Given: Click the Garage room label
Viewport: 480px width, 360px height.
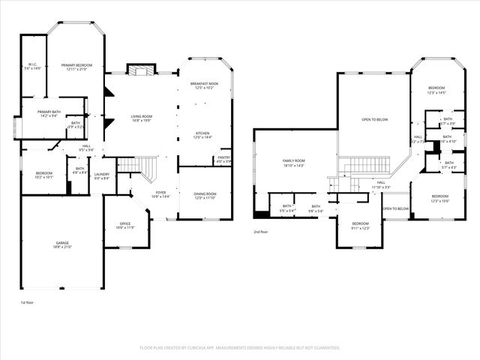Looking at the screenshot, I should click(x=62, y=245).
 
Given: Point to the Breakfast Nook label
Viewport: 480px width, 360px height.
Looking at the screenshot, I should click(x=204, y=85).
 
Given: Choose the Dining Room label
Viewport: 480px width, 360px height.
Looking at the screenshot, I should click(x=205, y=196).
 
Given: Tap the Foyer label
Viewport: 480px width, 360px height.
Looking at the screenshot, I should click(x=160, y=194).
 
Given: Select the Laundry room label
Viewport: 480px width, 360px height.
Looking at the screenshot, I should click(x=102, y=176).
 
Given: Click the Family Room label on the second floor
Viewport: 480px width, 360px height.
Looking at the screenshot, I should click(x=293, y=163).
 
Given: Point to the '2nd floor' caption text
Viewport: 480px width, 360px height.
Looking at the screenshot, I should click(x=260, y=232).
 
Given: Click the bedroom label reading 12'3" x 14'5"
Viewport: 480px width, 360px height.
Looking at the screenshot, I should click(x=436, y=91).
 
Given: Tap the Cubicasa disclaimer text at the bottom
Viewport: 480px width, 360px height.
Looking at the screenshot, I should click(x=240, y=348).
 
